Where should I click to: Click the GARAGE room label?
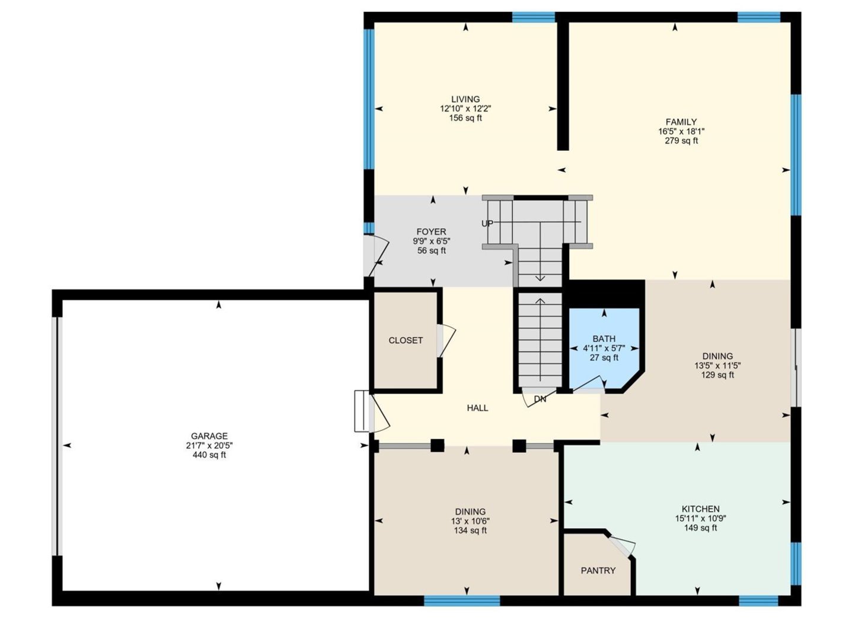pos(209,436)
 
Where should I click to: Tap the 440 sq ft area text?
pos(209,455)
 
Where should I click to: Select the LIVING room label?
pos(465,99)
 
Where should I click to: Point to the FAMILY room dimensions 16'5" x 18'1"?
pos(681,131)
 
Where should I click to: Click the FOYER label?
pos(431,232)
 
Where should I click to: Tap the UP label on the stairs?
pos(487,224)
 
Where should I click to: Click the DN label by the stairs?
pos(540,399)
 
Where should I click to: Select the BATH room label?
pos(604,339)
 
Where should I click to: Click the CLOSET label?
pos(406,340)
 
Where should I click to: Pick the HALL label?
pos(477,408)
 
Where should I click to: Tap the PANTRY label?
pos(598,570)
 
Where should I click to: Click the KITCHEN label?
pos(700,509)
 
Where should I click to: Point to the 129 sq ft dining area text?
pos(717,375)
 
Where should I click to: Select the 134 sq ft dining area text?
pos(470,531)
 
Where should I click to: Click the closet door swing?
pos(446,341)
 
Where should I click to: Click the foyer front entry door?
pos(376,255)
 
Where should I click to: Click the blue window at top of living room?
pos(533,17)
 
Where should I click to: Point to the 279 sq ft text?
pos(681,141)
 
